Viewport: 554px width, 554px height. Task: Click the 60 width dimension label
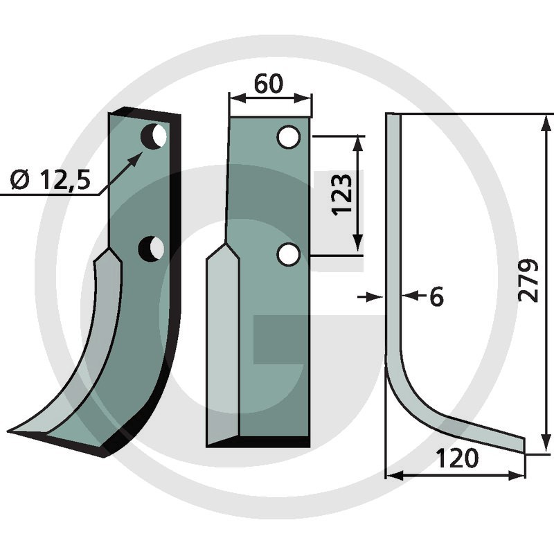[269, 84]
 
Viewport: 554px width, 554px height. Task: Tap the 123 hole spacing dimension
[342, 194]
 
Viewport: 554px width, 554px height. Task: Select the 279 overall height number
[528, 281]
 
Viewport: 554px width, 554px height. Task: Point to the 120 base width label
[458, 458]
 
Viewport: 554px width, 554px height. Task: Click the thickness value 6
[436, 296]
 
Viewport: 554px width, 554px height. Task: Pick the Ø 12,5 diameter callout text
[50, 179]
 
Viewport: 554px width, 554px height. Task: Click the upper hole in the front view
[289, 137]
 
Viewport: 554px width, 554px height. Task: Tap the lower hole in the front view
[289, 255]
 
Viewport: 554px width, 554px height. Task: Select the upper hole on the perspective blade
[154, 136]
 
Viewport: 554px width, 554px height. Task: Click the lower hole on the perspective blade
[151, 249]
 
